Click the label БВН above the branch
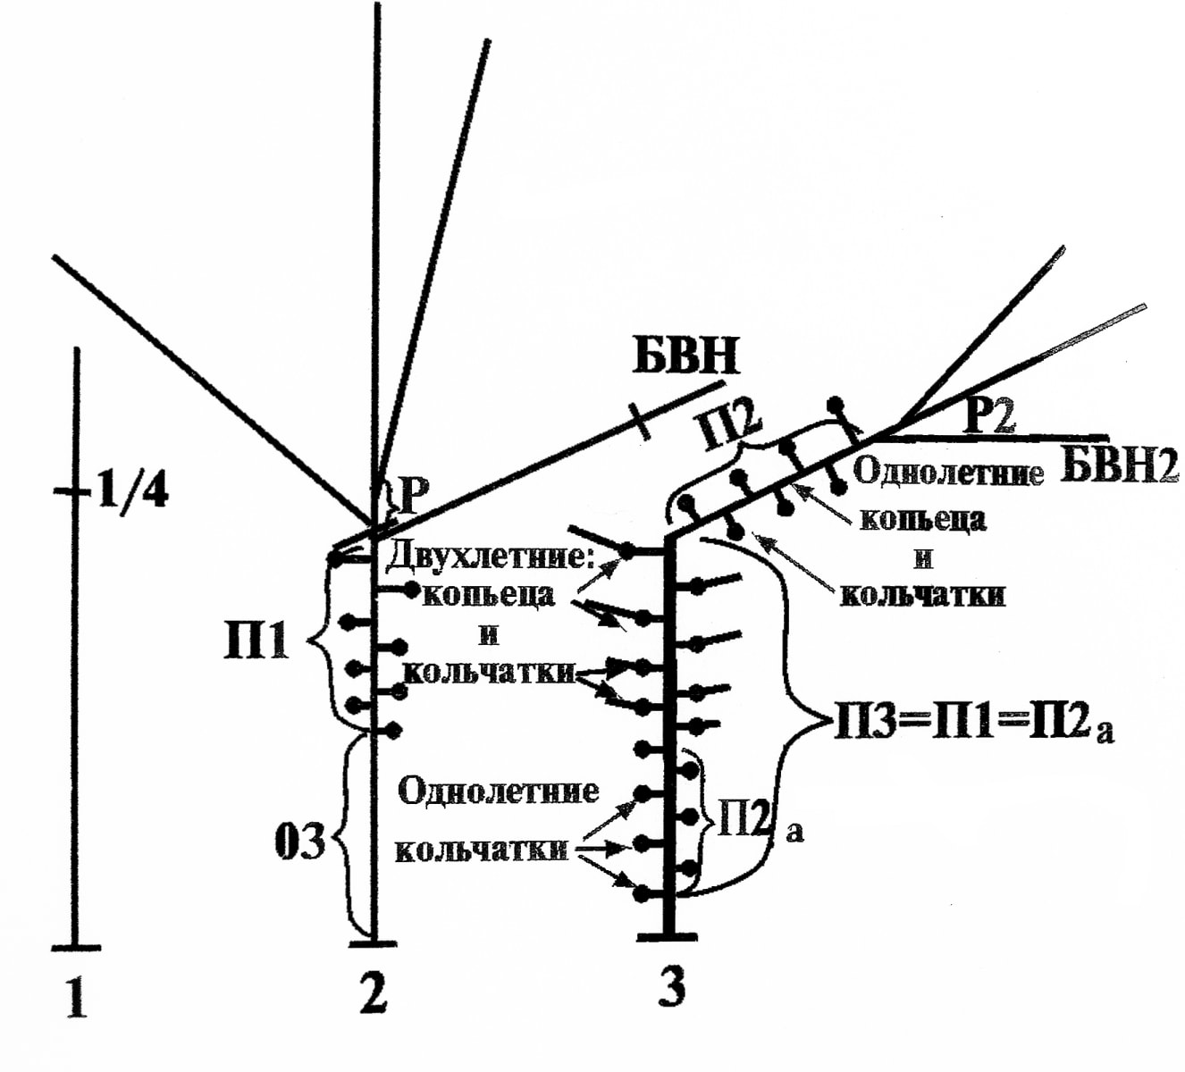click(x=685, y=356)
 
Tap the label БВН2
click(x=1120, y=465)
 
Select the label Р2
click(x=988, y=416)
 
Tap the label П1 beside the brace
click(x=256, y=641)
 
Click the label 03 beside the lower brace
click(x=300, y=841)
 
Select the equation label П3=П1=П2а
click(x=973, y=723)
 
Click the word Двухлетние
click(x=490, y=557)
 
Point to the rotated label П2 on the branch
click(x=729, y=428)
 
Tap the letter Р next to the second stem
click(x=415, y=498)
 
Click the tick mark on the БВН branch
click(x=640, y=421)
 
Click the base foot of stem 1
click(x=76, y=946)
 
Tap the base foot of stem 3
click(x=667, y=936)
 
